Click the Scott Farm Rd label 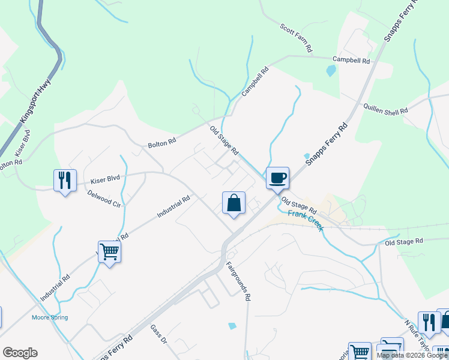pyautogui.click(x=297, y=37)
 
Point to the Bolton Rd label pyautogui.click(x=162, y=144)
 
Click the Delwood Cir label pyautogui.click(x=104, y=199)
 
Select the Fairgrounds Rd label pyautogui.click(x=238, y=280)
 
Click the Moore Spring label pyautogui.click(x=50, y=317)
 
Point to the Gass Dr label pyautogui.click(x=158, y=335)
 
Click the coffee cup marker pyautogui.click(x=277, y=178)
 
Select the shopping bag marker pyautogui.click(x=234, y=203)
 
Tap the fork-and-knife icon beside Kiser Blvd pyautogui.click(x=65, y=180)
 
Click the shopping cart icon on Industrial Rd pyautogui.click(x=110, y=252)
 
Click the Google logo pyautogui.click(x=20, y=353)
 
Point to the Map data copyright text pyautogui.click(x=412, y=355)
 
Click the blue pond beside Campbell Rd pyautogui.click(x=330, y=71)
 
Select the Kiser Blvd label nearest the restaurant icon pyautogui.click(x=106, y=179)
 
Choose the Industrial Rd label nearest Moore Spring pyautogui.click(x=55, y=288)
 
